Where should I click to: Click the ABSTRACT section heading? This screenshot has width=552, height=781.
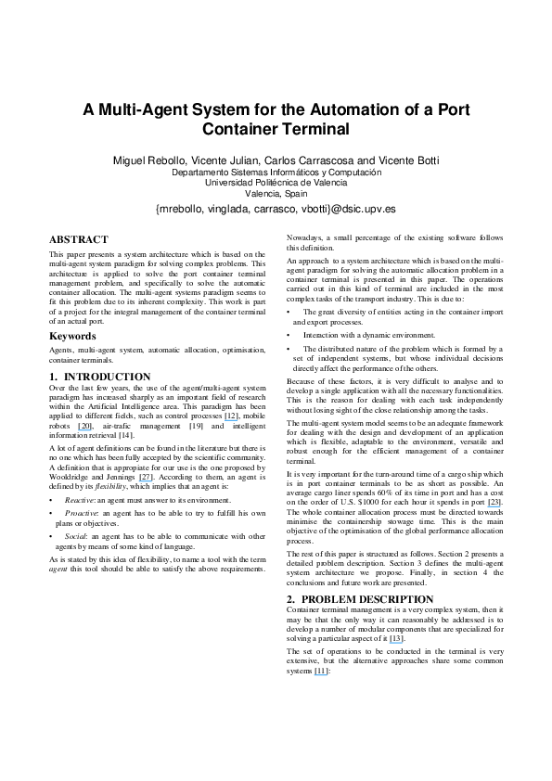(79, 239)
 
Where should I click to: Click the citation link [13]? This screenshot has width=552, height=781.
(396, 640)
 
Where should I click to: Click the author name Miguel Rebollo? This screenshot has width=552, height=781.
(148, 160)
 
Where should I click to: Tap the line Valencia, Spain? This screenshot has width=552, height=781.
(276, 194)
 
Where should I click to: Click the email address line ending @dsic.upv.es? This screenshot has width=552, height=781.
(276, 211)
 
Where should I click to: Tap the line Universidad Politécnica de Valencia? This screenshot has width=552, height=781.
(276, 183)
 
